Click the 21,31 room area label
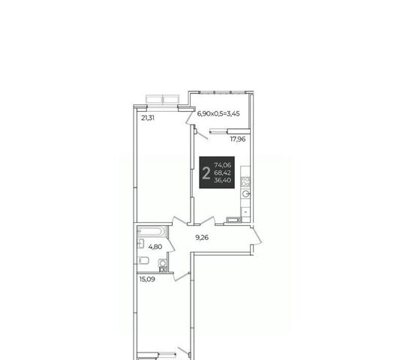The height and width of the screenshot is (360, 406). click(x=148, y=118)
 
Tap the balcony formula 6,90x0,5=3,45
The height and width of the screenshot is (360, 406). click(x=218, y=113)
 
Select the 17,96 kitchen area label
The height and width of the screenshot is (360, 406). click(x=238, y=139)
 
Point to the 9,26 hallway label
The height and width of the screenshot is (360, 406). click(x=202, y=237)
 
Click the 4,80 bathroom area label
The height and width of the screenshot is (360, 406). click(x=155, y=247)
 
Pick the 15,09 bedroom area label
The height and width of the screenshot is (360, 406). click(x=147, y=279)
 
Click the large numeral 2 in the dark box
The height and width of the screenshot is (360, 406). click(x=206, y=173)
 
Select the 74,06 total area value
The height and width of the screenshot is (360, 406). click(x=223, y=165)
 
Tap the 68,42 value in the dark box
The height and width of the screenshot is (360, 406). click(x=223, y=172)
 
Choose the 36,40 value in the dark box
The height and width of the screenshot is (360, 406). click(x=223, y=180)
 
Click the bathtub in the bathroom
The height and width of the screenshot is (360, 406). click(x=151, y=231)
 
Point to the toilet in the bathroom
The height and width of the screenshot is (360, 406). click(x=143, y=260)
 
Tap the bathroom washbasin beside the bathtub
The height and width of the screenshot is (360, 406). click(x=140, y=244)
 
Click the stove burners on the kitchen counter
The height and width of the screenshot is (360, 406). click(x=245, y=181)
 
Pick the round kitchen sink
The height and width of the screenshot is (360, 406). click(x=245, y=194)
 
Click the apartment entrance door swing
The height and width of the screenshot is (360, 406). click(x=257, y=236)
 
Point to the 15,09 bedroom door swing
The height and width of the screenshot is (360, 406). click(x=182, y=276)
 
